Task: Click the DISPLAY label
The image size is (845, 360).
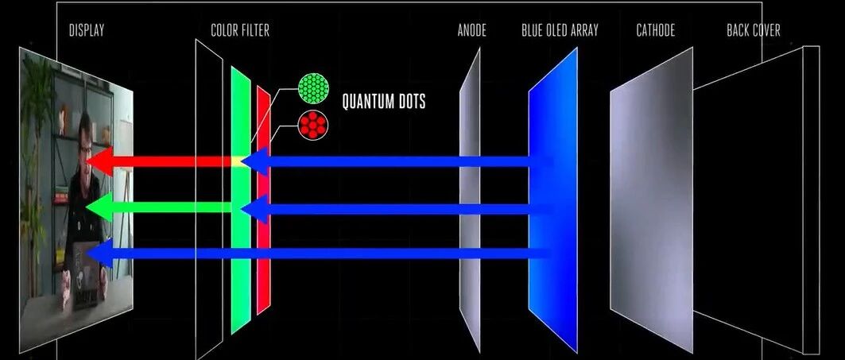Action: pyautogui.click(x=86, y=31)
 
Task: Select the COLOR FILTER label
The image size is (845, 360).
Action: pyautogui.click(x=239, y=31)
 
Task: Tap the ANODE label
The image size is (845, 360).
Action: pyautogui.click(x=471, y=31)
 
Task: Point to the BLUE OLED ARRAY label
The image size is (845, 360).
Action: pyautogui.click(x=560, y=31)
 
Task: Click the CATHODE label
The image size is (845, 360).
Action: pyautogui.click(x=655, y=31)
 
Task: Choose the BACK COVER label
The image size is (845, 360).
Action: pyautogui.click(x=753, y=31)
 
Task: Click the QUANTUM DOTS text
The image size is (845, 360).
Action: pyautogui.click(x=384, y=102)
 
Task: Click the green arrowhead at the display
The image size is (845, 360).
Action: pyautogui.click(x=97, y=208)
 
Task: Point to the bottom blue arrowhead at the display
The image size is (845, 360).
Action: pyautogui.click(x=97, y=254)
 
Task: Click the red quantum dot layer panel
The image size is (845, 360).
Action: pyautogui.click(x=263, y=238)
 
